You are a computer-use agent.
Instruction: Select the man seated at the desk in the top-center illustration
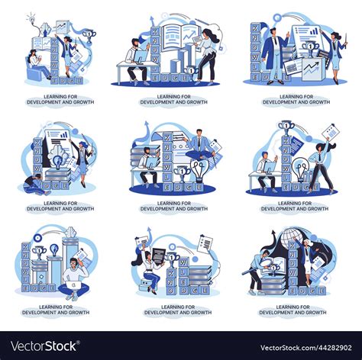(x=137, y=61)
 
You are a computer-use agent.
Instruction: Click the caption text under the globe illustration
(x=293, y=310)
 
